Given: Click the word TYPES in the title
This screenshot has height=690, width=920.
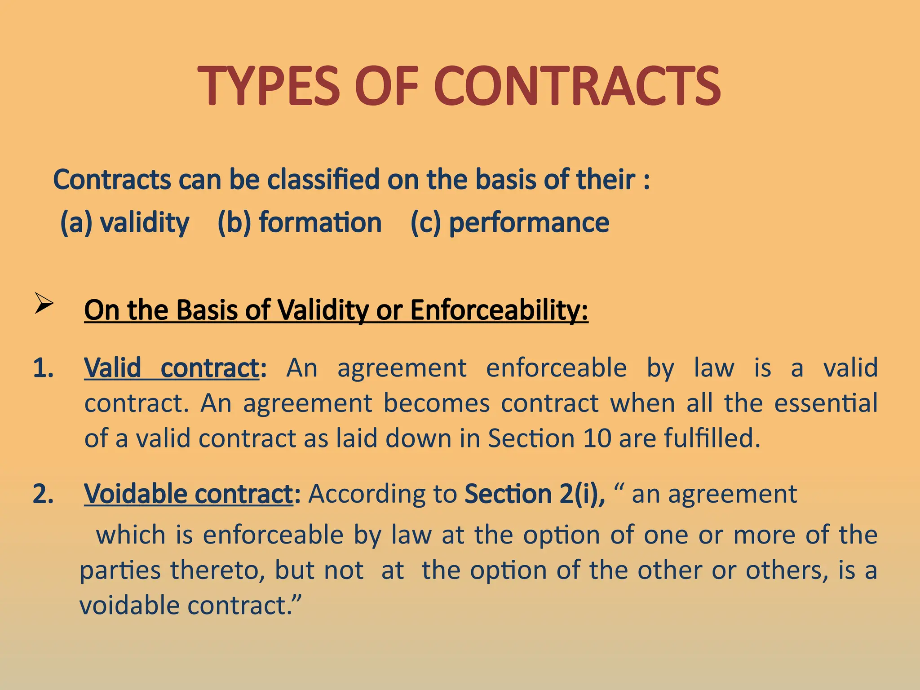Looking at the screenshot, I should click(269, 86).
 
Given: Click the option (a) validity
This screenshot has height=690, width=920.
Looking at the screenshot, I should click(125, 222).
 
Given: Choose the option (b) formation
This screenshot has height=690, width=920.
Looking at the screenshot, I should click(300, 222).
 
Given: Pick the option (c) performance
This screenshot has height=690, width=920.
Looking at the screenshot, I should click(510, 222).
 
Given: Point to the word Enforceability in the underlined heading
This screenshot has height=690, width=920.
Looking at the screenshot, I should click(499, 310).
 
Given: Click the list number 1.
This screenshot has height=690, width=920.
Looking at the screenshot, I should click(44, 368).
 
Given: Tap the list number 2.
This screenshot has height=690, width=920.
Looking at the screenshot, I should click(44, 494).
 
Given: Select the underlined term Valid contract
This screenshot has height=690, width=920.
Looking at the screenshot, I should click(172, 368).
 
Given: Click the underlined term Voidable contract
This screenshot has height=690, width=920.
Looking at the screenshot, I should click(189, 494).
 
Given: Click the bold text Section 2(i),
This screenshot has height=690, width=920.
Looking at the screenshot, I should click(535, 494).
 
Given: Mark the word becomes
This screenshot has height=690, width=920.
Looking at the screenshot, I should click(436, 403).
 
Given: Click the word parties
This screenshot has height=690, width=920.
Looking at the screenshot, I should click(120, 571).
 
